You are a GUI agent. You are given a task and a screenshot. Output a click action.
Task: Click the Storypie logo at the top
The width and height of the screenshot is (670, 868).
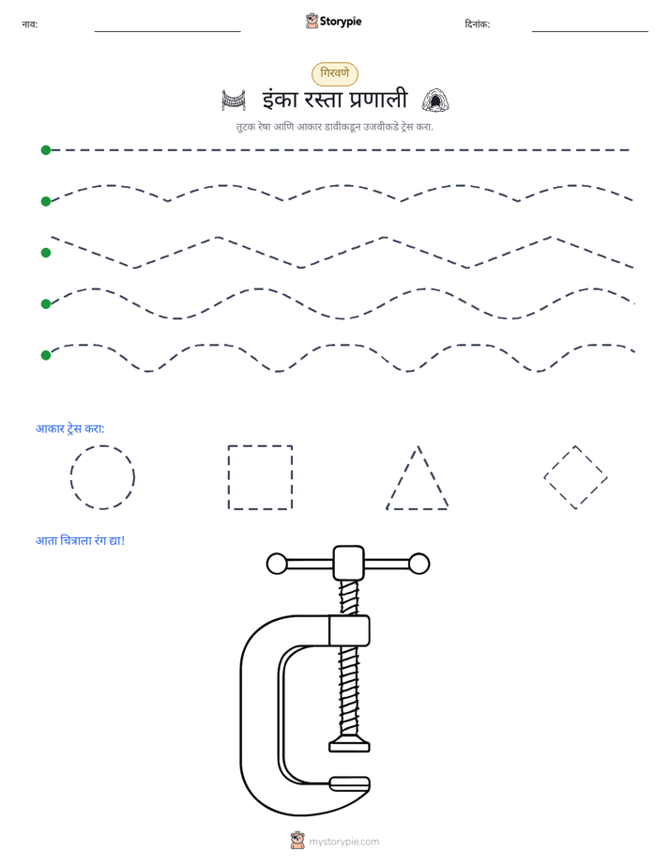click(334, 21)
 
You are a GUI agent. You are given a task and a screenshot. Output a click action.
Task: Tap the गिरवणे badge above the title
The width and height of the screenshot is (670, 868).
click(335, 73)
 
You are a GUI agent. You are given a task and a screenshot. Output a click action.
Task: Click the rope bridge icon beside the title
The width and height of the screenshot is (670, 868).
click(234, 101)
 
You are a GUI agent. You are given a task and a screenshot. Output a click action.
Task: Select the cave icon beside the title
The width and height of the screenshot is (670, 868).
click(435, 101)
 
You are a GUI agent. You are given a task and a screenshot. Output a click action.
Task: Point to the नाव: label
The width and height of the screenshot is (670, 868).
click(30, 24)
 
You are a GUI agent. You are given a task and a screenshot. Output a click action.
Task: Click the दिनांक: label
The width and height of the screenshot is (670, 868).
click(478, 24)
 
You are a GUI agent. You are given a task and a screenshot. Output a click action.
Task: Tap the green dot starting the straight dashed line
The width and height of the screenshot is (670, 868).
click(46, 150)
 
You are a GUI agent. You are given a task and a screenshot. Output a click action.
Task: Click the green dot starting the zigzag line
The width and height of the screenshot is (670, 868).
click(46, 253)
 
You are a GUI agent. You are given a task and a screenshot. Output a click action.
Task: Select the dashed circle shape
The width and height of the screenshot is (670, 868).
click(70, 477)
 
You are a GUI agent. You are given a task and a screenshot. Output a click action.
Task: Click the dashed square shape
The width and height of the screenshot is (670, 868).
click(229, 477)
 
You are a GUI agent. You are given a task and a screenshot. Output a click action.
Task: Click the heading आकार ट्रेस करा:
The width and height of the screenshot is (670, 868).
click(70, 428)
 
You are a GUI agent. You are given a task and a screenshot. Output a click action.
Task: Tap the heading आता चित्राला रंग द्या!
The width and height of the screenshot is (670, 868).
click(80, 540)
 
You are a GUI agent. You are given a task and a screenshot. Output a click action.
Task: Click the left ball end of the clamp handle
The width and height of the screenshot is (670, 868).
click(277, 564)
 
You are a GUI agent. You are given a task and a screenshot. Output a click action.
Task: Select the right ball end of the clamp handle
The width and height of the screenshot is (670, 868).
click(419, 564)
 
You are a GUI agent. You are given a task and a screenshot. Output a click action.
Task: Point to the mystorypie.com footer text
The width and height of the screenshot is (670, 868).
click(343, 842)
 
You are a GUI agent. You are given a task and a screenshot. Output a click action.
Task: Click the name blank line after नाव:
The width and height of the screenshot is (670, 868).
click(167, 31)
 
